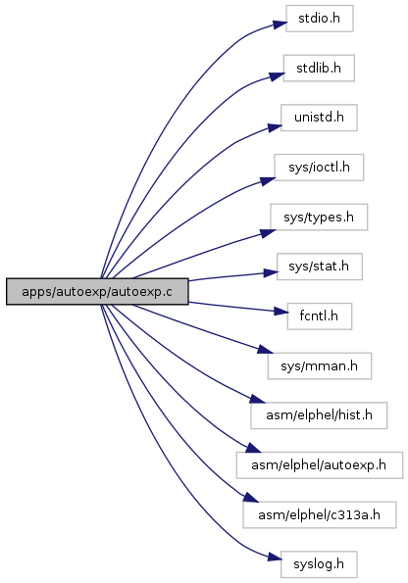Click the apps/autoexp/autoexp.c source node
point(97,292)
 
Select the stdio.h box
point(320,19)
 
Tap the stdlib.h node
point(319,68)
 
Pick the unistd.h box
point(319,118)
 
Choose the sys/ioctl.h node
point(319,168)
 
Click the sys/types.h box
point(319,217)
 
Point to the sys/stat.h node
point(320,267)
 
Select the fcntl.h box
point(320,316)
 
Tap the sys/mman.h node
point(320,365)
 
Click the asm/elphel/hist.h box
point(319,415)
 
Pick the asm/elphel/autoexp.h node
point(320,465)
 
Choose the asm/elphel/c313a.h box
point(320,515)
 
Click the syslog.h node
point(319,564)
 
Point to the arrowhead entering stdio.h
point(280,24)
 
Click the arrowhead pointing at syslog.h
point(275,558)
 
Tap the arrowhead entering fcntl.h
point(281,312)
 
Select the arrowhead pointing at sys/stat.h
point(271,272)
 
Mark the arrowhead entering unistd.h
point(275,127)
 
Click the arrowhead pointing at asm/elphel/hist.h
point(258,399)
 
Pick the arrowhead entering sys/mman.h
point(266,350)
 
